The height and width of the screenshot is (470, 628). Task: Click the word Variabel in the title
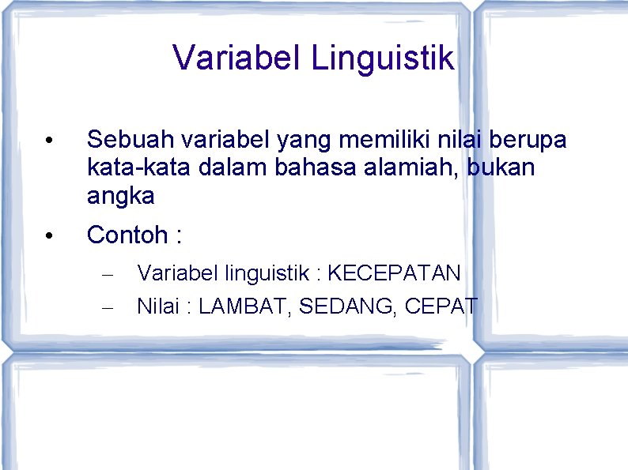click(236, 58)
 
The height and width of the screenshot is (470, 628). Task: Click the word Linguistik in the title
click(383, 58)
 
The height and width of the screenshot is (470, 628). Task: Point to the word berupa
click(528, 141)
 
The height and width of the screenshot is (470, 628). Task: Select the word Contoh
click(127, 235)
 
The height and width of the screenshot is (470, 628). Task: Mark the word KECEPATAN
click(393, 273)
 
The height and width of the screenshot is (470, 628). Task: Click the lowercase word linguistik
click(268, 273)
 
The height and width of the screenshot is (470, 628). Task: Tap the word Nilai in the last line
click(157, 306)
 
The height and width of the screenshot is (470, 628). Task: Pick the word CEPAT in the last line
click(441, 306)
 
